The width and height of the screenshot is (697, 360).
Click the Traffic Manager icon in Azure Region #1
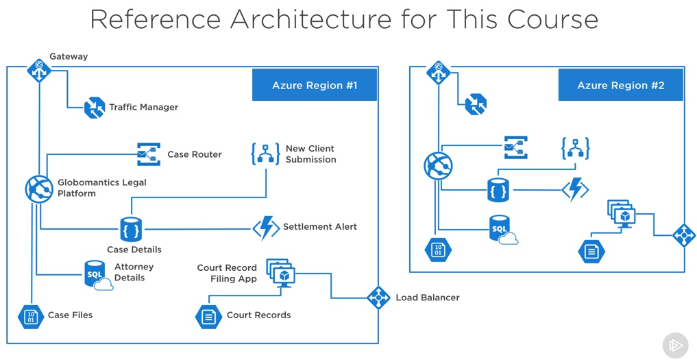[x=94, y=108]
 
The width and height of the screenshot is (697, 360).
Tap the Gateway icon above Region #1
[x=38, y=70]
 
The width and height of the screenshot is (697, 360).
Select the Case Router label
[x=195, y=155]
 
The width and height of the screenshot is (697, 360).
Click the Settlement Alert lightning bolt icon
[x=265, y=228]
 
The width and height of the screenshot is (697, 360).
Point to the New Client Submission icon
[x=265, y=154]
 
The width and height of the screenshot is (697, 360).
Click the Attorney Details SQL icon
[x=97, y=274]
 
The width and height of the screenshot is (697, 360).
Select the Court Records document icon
[x=208, y=316]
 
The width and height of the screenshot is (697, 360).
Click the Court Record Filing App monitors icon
[x=280, y=273]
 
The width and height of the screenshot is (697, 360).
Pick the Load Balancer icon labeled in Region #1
[x=378, y=298]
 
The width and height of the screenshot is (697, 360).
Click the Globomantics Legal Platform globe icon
[x=39, y=189]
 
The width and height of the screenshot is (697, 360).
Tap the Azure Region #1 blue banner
[x=315, y=86]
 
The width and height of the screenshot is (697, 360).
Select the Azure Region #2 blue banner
[x=620, y=86]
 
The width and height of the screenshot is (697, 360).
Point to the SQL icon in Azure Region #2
[x=502, y=229]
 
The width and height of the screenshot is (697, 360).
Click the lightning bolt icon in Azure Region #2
[x=575, y=189]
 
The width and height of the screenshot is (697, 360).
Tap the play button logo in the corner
[x=675, y=346]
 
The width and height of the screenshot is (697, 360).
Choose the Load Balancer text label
[x=428, y=298]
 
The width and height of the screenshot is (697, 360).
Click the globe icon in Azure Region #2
[x=439, y=166]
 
